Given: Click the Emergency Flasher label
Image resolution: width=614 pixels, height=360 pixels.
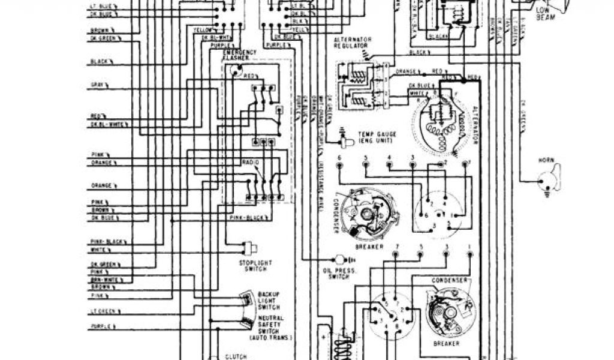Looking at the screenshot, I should pyautogui.click(x=240, y=56).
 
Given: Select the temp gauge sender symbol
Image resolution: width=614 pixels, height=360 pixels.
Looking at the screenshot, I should pyautogui.click(x=345, y=139).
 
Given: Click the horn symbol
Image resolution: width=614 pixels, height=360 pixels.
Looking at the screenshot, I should pyautogui.click(x=549, y=181).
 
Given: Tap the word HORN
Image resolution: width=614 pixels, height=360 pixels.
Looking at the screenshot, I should pyautogui.click(x=546, y=161).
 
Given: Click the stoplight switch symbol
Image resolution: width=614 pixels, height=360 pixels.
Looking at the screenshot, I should pyautogui.click(x=247, y=247).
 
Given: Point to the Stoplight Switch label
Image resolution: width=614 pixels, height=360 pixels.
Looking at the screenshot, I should pyautogui.click(x=255, y=266).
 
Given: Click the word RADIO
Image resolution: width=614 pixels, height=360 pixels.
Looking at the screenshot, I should pyautogui.click(x=251, y=163).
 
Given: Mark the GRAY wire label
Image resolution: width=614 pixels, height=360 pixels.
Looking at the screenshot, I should pyautogui.click(x=98, y=85).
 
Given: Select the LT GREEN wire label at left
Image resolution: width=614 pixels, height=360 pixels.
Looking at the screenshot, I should pyautogui.click(x=101, y=311).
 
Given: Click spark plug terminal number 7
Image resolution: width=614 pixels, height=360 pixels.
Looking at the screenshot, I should pyautogui.click(x=396, y=247).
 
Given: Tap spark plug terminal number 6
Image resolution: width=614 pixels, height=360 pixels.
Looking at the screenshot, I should pyautogui.click(x=339, y=158).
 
